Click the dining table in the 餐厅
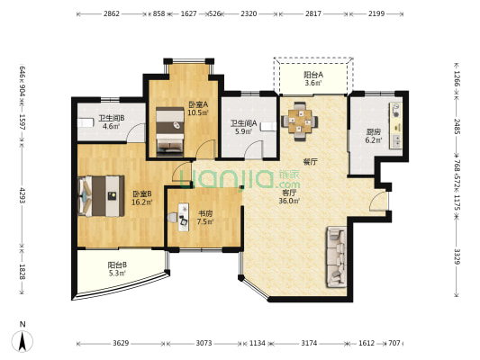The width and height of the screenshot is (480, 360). (300, 121)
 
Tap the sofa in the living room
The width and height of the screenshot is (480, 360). (337, 256)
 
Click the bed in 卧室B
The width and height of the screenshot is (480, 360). (101, 196)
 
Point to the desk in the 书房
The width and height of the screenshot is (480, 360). (184, 217)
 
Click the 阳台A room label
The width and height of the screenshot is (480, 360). (313, 75)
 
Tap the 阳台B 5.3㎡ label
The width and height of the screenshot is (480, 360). (117, 269)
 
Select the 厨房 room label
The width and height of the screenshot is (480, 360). (374, 132)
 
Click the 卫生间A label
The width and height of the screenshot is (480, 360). (243, 123)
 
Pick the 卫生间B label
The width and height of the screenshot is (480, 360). (111, 118)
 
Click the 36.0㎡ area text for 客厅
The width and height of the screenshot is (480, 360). (289, 201)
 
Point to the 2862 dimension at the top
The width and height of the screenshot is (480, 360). (111, 13)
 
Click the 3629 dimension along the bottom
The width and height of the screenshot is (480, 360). (121, 343)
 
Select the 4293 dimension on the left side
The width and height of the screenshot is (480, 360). (22, 195)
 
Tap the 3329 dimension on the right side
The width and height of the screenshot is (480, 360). (457, 256)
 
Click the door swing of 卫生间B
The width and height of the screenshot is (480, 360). (136, 132)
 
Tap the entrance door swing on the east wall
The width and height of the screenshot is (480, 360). (378, 202)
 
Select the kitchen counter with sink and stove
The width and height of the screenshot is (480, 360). (395, 126)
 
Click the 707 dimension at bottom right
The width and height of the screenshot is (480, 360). (394, 343)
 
